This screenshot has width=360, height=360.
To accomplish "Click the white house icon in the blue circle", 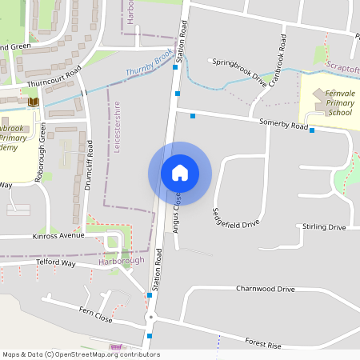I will [x=179, y=172].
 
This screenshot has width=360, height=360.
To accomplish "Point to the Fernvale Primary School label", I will [x=328, y=103].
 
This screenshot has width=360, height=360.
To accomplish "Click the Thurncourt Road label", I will [x=54, y=70].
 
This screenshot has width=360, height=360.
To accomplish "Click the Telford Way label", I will [x=55, y=262].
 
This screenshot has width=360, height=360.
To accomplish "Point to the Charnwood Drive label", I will [x=266, y=289].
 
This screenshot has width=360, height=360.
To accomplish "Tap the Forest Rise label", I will [x=264, y=344].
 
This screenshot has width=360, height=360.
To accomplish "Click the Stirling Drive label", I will [x=324, y=227].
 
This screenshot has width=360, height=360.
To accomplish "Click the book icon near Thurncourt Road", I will [x=34, y=102].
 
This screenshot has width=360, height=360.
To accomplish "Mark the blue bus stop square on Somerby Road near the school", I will [x=312, y=130].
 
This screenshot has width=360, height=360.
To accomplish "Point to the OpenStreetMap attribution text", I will [x=81, y=354].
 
